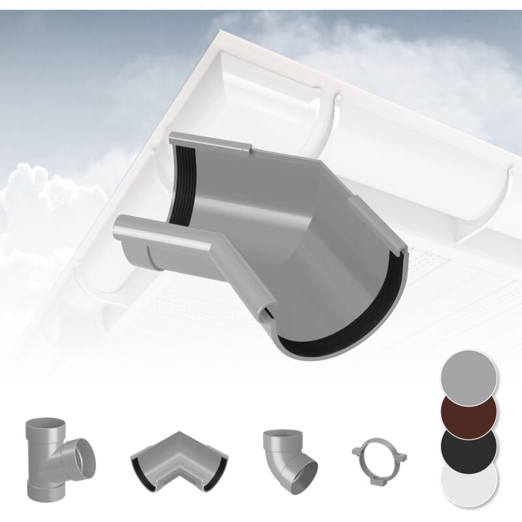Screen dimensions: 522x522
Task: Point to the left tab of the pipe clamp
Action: click(354, 450)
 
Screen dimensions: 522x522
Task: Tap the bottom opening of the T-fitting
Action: click(39, 487)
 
